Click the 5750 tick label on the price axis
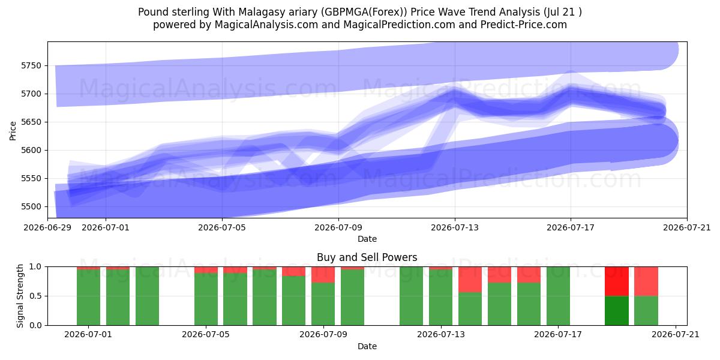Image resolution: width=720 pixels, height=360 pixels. click(x=31, y=65)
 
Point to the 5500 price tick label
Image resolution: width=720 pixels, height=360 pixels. click(x=31, y=206)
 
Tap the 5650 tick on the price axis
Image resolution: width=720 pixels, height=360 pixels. click(x=31, y=122)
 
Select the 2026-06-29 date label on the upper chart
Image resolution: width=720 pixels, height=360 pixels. click(x=47, y=227)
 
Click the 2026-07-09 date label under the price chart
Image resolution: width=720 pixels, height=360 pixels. click(x=338, y=227)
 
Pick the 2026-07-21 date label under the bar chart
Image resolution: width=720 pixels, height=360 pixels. click(x=676, y=335)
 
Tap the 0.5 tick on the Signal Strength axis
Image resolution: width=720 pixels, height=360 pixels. click(x=35, y=296)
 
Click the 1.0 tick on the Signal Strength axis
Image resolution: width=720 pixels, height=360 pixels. click(x=35, y=267)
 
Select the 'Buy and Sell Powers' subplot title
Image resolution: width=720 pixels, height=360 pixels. click(x=367, y=257)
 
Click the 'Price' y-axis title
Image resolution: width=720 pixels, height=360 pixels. click(x=13, y=131)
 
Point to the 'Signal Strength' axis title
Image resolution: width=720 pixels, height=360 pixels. click(x=20, y=296)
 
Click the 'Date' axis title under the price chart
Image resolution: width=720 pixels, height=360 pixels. click(x=367, y=239)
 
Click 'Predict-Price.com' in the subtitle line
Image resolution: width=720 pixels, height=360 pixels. click(x=524, y=25)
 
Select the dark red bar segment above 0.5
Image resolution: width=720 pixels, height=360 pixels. click(x=617, y=281)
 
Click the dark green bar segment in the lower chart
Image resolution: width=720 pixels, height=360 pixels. click(x=617, y=311)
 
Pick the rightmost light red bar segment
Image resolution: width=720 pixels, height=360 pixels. click(x=646, y=281)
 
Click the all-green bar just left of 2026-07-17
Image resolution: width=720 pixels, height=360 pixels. click(x=558, y=296)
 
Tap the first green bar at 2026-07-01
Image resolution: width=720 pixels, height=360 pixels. click(x=88, y=298)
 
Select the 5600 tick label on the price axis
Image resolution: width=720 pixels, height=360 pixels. click(x=31, y=150)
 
